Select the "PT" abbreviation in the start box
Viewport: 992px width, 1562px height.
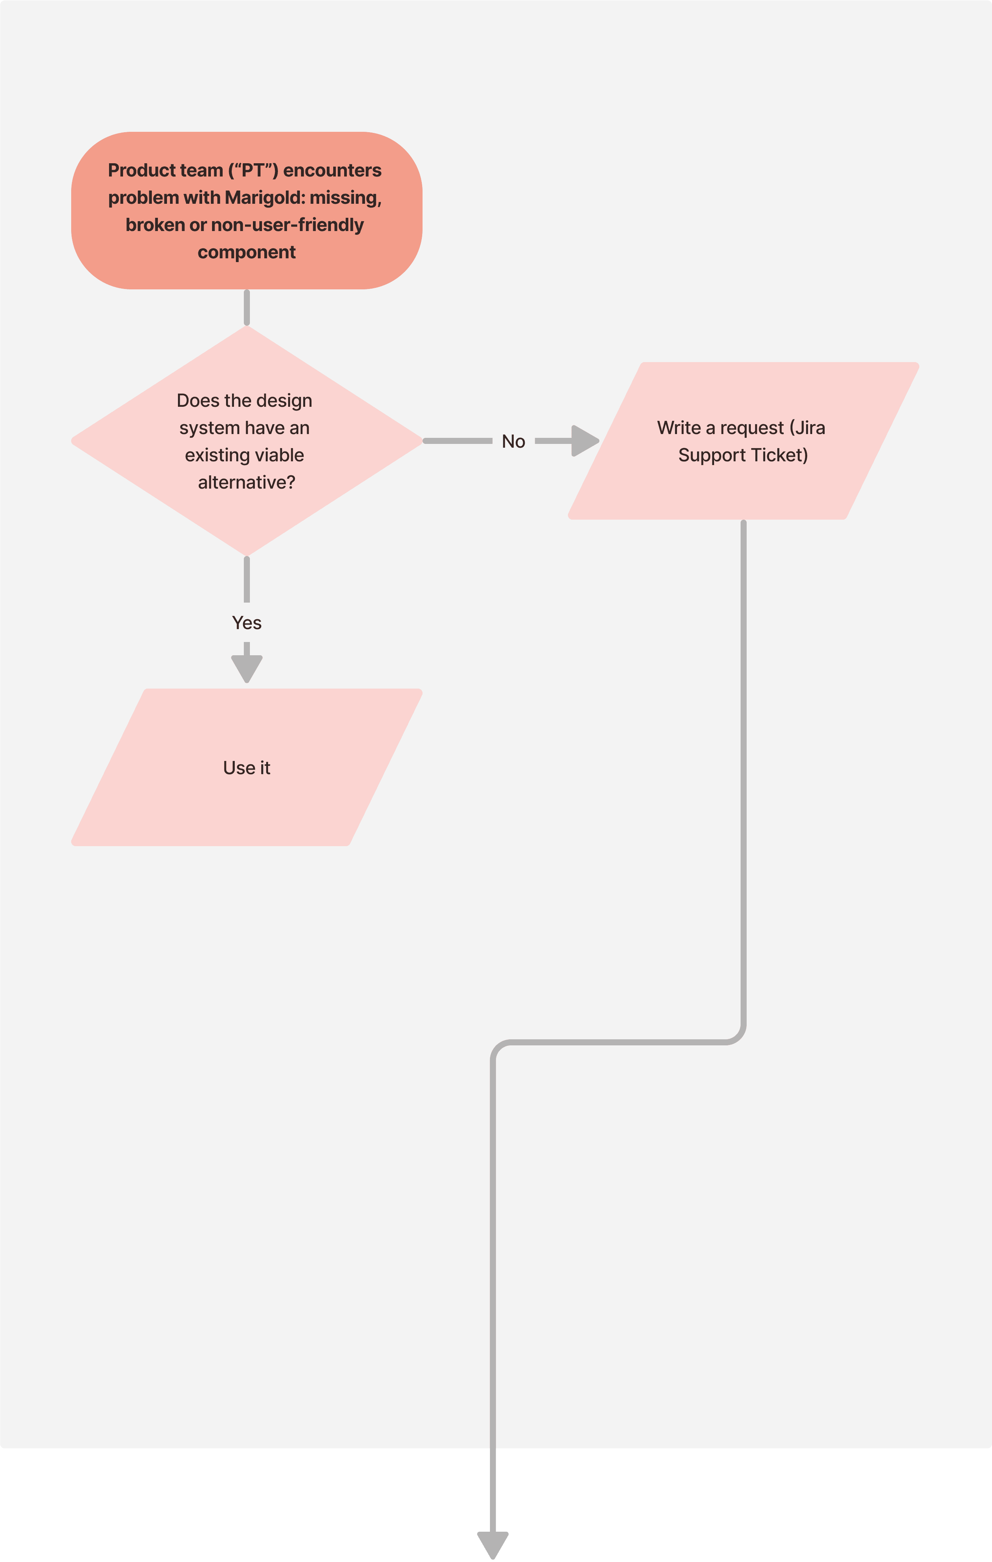point(253,170)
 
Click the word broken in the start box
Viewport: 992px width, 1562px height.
point(155,225)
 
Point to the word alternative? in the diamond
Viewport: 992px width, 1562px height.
point(246,482)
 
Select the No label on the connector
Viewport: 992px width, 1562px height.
point(513,441)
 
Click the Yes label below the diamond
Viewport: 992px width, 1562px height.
point(246,623)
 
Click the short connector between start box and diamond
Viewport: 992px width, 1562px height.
point(246,308)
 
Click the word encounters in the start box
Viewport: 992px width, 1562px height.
point(332,170)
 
